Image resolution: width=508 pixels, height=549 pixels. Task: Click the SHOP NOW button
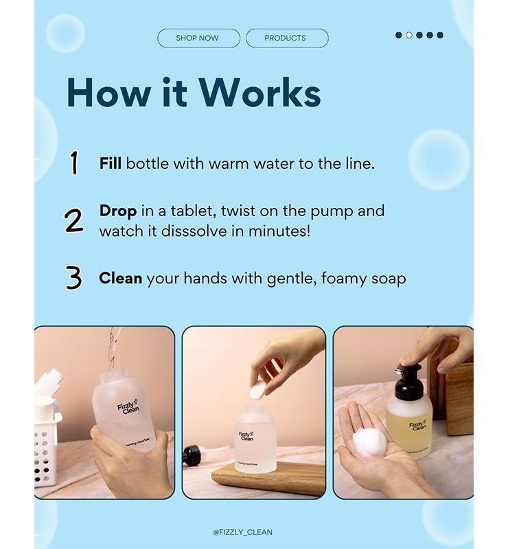click(198, 38)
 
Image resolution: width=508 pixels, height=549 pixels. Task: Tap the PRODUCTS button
click(286, 38)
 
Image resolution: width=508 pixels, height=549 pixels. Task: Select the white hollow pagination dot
click(409, 35)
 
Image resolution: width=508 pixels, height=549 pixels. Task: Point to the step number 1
click(74, 163)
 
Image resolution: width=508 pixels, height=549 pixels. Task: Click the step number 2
click(73, 221)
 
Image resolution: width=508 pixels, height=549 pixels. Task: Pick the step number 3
click(73, 278)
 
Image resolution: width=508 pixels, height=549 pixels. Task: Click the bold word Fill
click(110, 163)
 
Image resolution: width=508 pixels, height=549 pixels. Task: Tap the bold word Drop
click(117, 211)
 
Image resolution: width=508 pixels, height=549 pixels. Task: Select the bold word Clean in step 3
click(120, 278)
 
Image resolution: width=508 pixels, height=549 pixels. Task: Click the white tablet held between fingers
click(257, 390)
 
